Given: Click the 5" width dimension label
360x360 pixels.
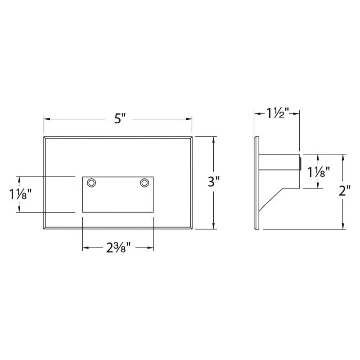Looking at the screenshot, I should pyautogui.click(x=118, y=119).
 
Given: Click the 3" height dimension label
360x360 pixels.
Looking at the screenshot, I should pyautogui.click(x=213, y=182).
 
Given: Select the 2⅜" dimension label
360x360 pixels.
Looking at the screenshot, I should pyautogui.click(x=118, y=248).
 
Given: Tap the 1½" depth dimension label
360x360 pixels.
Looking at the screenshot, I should pyautogui.click(x=277, y=113).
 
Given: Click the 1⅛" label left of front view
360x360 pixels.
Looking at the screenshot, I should pyautogui.click(x=20, y=194).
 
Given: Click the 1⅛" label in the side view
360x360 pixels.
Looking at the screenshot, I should pyautogui.click(x=319, y=172).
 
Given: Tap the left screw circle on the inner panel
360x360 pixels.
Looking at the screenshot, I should pyautogui.click(x=92, y=183).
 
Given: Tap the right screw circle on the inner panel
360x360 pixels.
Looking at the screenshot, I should pyautogui.click(x=144, y=183).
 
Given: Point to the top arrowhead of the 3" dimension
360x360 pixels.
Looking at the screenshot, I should pyautogui.click(x=213, y=138).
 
